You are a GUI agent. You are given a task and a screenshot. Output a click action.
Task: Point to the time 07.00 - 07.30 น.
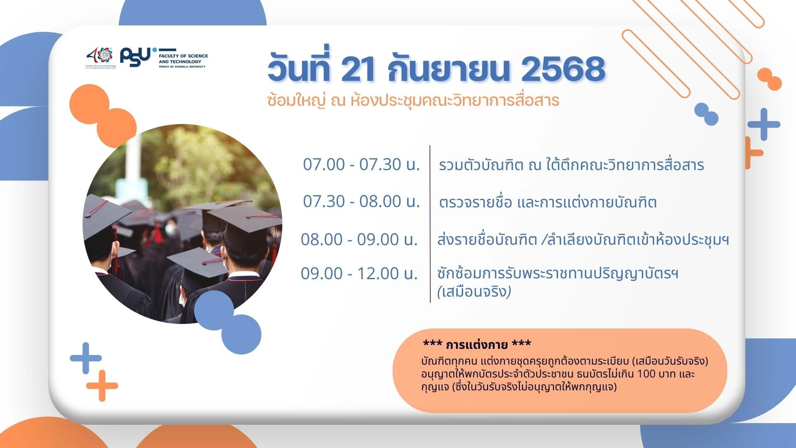361,164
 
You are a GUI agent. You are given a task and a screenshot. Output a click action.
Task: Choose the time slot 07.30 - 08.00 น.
361,201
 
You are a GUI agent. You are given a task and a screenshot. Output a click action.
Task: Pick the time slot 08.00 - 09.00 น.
359,239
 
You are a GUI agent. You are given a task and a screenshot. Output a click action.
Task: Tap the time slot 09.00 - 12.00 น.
359,273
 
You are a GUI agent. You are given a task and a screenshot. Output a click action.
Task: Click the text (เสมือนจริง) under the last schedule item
474,292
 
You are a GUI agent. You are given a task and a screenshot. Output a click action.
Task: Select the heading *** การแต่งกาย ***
477,344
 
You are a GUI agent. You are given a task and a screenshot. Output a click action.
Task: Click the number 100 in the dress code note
646,374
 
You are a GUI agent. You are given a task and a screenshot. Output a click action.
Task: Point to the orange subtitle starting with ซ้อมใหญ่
413,100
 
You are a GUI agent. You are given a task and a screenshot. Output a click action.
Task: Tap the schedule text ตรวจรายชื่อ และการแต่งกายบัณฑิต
548,202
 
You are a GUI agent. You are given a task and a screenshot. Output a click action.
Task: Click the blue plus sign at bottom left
86,358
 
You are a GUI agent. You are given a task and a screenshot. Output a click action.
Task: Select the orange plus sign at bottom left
102,386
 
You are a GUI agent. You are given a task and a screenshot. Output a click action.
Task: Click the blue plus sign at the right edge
764,124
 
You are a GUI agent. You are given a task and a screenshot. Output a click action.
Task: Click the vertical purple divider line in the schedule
430,224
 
